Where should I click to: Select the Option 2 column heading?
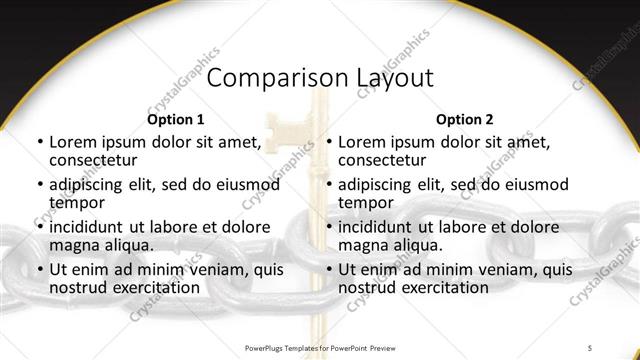click(465, 119)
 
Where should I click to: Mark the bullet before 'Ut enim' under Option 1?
click(39, 269)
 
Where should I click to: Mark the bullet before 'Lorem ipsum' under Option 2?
click(328, 142)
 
